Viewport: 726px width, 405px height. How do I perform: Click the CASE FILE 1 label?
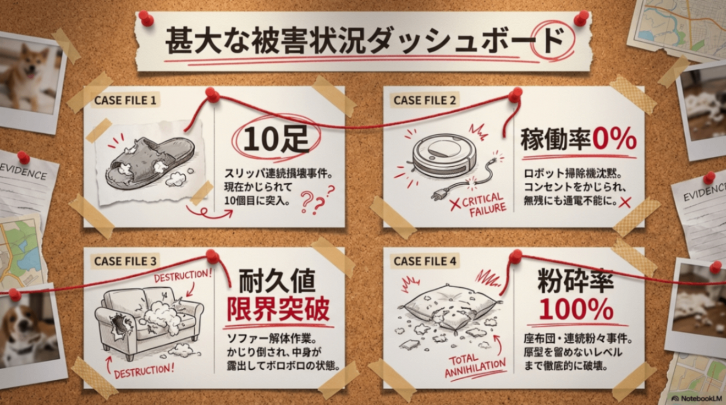click(125, 100)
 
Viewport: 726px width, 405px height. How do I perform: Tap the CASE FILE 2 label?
click(425, 100)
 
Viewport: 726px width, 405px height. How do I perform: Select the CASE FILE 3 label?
click(125, 261)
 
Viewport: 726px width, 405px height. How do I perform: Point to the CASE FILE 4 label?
click(425, 261)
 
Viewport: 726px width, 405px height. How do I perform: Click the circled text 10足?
click(276, 139)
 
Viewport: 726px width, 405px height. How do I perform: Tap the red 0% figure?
click(614, 139)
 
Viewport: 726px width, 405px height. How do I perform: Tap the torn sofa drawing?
click(149, 321)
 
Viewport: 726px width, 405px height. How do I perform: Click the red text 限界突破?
click(278, 309)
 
